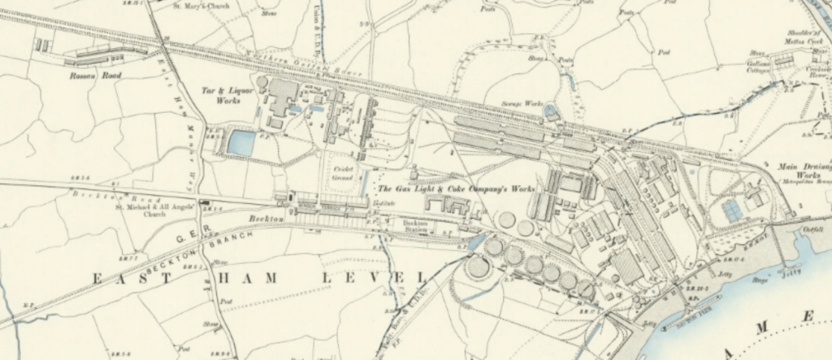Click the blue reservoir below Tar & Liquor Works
click(x=240, y=142)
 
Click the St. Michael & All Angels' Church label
click(x=166, y=210)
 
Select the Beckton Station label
click(x=415, y=224)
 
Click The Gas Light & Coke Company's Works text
click(x=458, y=189)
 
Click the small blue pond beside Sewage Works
click(x=552, y=111)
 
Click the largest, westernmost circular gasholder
click(x=478, y=266)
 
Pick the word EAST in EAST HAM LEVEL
click(x=124, y=279)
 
